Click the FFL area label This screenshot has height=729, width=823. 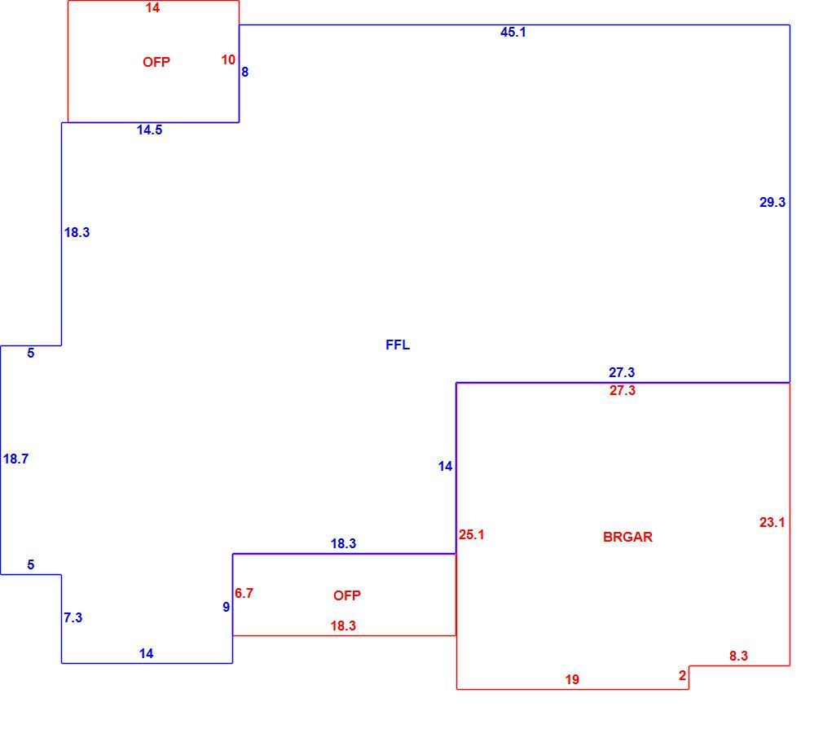(x=398, y=345)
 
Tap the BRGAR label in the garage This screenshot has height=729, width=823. (x=627, y=537)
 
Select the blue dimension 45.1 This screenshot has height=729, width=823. (x=513, y=32)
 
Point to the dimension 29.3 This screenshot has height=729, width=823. (x=772, y=202)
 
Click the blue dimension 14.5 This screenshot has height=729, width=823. (x=150, y=130)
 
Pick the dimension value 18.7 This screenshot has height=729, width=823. (x=15, y=459)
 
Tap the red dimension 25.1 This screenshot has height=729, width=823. (x=471, y=534)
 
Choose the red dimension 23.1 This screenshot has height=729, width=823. (x=772, y=522)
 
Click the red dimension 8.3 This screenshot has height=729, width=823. (x=738, y=656)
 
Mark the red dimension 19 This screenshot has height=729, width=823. (x=572, y=679)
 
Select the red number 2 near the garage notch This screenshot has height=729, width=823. (x=682, y=675)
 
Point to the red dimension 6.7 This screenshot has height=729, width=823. (x=244, y=593)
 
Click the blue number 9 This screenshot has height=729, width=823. (x=227, y=607)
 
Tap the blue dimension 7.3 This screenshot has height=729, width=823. (x=73, y=617)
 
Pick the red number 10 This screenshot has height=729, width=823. (x=228, y=59)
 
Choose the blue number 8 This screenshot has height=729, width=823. (x=244, y=72)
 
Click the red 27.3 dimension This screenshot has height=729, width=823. (x=622, y=390)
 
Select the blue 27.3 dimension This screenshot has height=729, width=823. (x=622, y=372)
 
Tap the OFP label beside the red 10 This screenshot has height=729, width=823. (x=156, y=62)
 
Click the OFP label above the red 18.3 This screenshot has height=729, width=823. (x=346, y=595)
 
